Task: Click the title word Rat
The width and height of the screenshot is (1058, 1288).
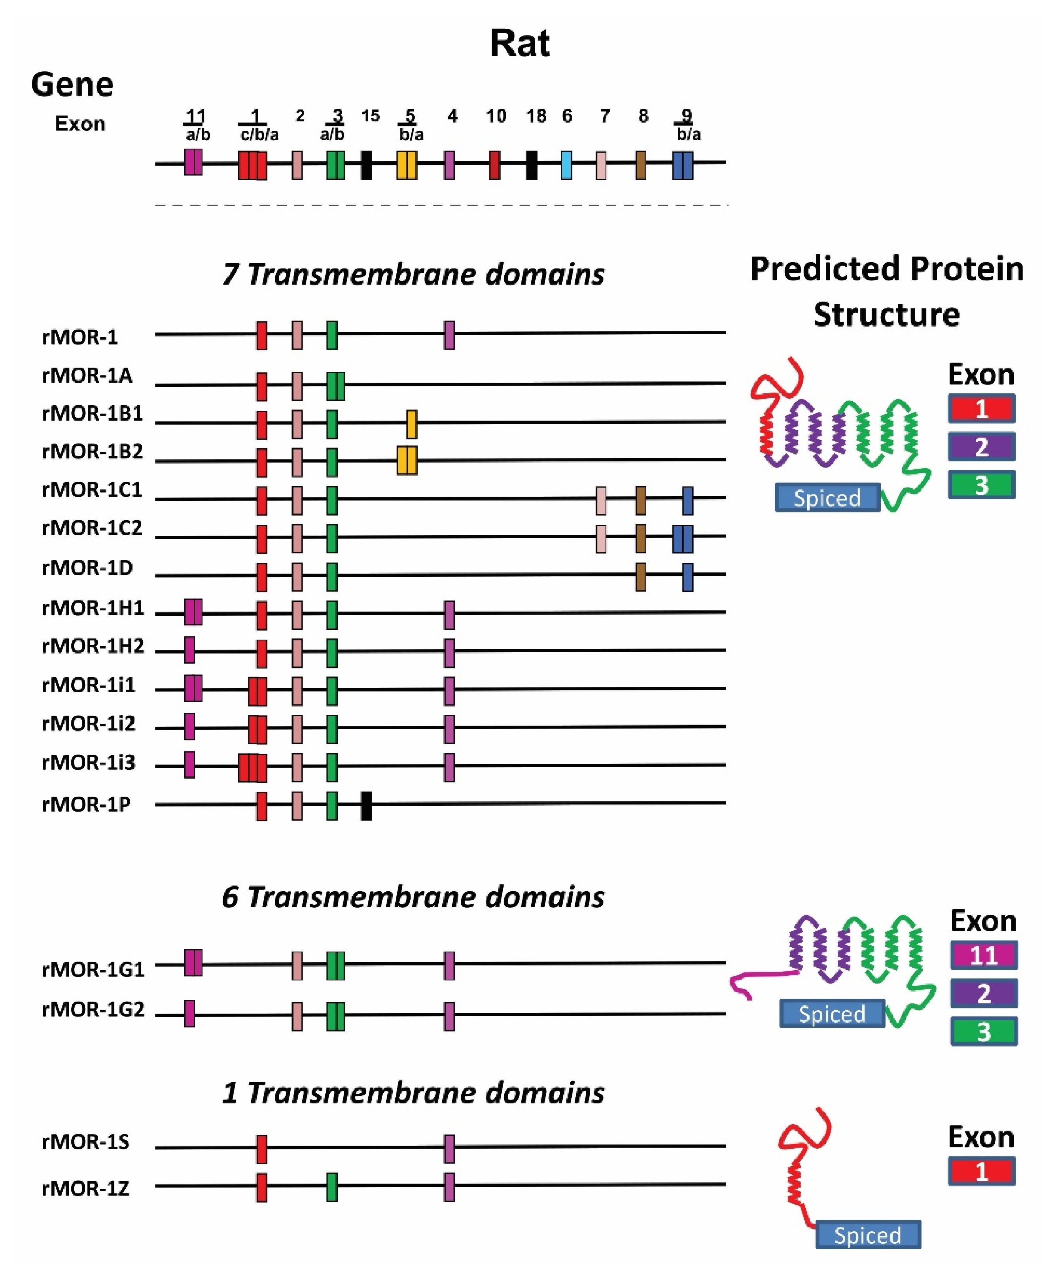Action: coord(519,44)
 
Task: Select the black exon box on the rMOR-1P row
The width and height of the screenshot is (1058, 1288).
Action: coord(366,805)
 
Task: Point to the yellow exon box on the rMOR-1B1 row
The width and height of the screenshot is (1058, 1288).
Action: coord(411,424)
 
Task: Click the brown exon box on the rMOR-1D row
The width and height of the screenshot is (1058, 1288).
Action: coord(640,576)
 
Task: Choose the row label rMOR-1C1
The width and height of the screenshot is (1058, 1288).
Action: coord(91,490)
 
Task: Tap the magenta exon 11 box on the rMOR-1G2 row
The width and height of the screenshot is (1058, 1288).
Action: coord(189,1013)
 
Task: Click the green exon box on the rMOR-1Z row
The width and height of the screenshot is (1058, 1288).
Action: coord(331,1187)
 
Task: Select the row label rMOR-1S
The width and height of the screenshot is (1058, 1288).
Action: coord(85,1142)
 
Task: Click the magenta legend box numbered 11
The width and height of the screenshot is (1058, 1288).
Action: coord(983,955)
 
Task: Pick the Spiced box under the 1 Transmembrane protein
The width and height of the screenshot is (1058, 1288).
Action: coord(867,1234)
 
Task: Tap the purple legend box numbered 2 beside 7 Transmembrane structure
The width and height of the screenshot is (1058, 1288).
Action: coord(980,447)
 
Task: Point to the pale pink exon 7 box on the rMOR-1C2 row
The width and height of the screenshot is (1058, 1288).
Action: coord(601,538)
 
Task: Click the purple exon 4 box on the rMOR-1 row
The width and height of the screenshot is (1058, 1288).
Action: coord(449,335)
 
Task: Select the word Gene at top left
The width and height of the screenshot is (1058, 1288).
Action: coord(72,84)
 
